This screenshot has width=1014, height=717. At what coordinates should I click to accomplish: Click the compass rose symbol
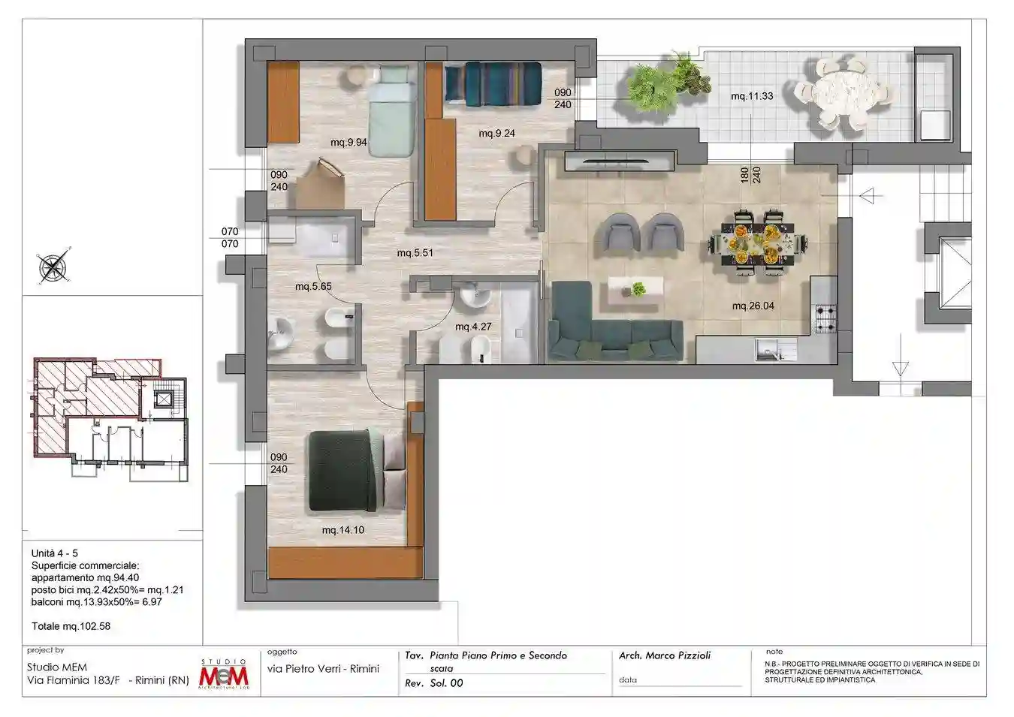coord(54,266)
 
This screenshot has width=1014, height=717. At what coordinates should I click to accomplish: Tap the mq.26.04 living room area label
coord(753,306)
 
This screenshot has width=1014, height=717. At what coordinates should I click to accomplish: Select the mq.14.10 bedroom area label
coord(343,530)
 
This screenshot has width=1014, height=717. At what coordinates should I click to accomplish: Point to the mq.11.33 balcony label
coord(752,96)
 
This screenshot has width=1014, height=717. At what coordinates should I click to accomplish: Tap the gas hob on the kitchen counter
coord(826,319)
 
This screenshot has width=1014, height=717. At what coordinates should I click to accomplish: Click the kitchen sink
coord(776,350)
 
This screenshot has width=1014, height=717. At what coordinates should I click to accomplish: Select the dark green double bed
coord(348,471)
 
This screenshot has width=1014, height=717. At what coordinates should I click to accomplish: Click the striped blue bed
coord(493,84)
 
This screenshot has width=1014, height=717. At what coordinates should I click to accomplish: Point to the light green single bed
coord(392,111)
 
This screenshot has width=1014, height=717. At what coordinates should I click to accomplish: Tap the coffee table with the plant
coord(636,291)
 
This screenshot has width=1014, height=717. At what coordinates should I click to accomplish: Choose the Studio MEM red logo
coord(224,674)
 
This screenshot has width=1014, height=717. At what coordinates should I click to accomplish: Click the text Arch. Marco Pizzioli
coord(665,655)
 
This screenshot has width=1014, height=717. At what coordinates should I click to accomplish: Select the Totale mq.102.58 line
coord(71,626)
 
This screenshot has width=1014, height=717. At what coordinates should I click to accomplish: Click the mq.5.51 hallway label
coord(415,253)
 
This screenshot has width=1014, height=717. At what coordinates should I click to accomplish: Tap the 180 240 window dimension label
coord(750,175)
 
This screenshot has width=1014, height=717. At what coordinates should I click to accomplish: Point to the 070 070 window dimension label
coord(230,237)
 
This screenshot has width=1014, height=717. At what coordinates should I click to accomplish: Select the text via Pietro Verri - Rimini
coord(323,669)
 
